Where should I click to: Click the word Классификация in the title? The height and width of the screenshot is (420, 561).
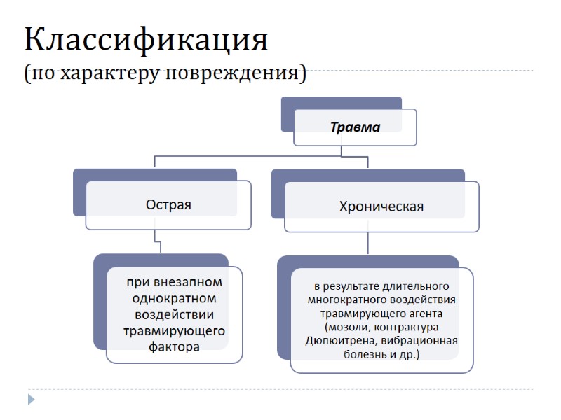[146, 41]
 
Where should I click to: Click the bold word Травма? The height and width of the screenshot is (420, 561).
[355, 127]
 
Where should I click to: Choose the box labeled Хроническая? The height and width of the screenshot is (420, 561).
[381, 206]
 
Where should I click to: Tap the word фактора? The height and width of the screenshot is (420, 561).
[175, 346]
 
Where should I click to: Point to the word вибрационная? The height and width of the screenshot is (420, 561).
[425, 341]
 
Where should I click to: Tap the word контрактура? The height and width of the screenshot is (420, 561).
[406, 328]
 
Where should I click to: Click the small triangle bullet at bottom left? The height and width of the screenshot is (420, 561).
[30, 400]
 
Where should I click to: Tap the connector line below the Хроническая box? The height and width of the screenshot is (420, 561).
[367, 244]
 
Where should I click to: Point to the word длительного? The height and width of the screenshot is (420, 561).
[419, 287]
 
